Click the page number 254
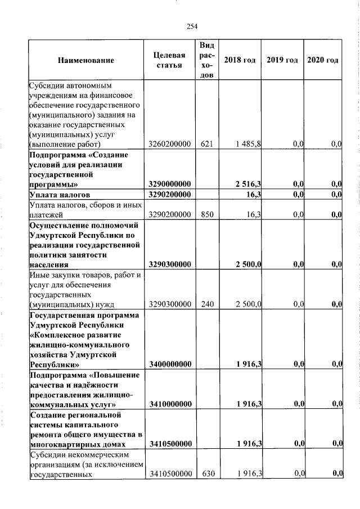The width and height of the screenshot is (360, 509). click(192, 26)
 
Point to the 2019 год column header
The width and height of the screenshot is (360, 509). click(282, 60)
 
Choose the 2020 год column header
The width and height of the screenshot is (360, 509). click(323, 60)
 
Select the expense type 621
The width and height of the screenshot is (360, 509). click(206, 145)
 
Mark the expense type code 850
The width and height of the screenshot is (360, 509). click(206, 214)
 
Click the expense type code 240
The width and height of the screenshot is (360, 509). click(206, 304)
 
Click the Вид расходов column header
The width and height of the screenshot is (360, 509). click(206, 60)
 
